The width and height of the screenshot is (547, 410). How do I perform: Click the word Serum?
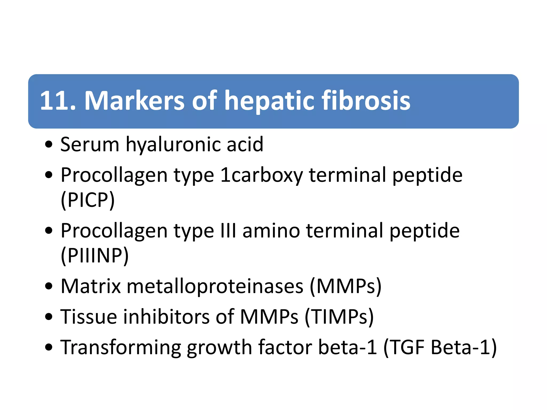(x=90, y=145)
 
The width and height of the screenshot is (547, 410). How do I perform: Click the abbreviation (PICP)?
(x=88, y=200)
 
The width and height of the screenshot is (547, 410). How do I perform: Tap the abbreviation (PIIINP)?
(x=95, y=255)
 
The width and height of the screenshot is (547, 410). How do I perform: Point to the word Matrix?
(x=91, y=286)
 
